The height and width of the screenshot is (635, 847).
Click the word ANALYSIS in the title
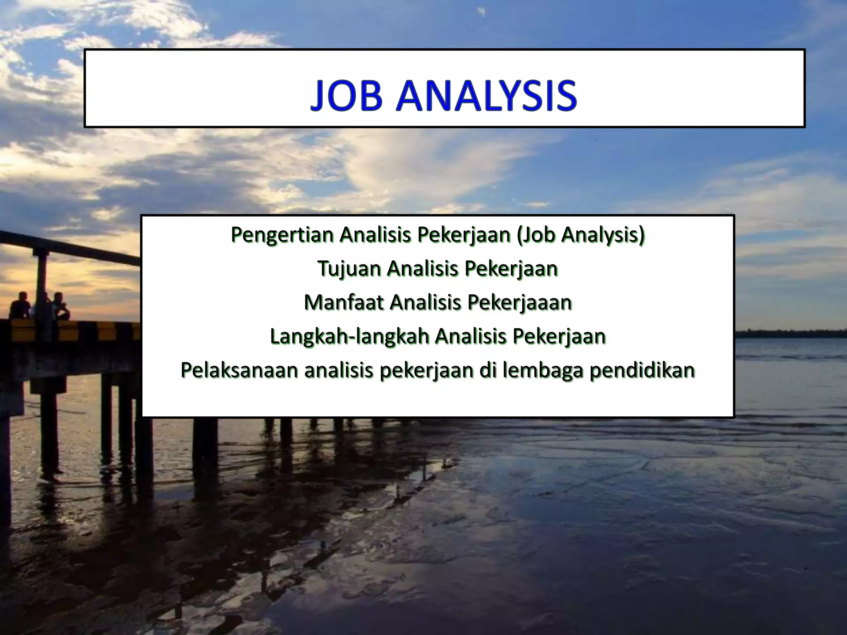486,96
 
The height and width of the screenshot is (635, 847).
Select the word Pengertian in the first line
282,235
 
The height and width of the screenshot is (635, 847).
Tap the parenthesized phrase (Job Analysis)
581,235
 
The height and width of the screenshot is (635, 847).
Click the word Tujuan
349,269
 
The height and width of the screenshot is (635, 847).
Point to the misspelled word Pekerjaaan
519,303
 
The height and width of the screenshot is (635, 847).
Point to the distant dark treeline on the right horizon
790,333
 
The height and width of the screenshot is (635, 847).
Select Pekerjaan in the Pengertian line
464,235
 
